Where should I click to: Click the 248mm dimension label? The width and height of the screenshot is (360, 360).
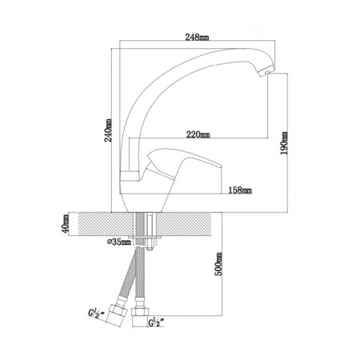197,38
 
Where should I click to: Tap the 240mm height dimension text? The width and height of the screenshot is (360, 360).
108,130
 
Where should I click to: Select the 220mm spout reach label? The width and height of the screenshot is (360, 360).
198,134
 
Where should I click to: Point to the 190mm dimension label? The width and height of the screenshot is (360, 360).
284,143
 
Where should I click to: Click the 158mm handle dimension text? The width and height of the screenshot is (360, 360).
240,190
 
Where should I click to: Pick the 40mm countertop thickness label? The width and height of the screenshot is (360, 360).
66,223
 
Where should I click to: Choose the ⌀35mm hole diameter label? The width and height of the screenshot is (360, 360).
119,242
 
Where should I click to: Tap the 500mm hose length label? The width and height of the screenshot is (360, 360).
218,264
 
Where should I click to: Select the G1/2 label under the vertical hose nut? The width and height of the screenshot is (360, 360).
156,322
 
